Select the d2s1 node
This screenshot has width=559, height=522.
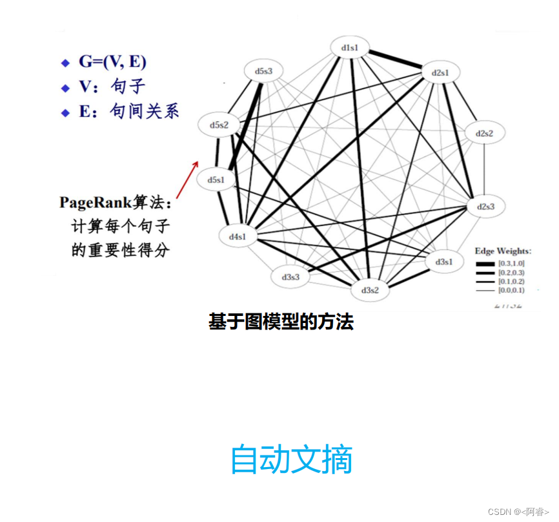(441, 73)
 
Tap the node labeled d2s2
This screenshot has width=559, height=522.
(485, 133)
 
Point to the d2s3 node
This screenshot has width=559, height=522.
(485, 207)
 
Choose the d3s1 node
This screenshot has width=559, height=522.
(443, 262)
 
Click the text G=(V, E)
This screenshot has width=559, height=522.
(113, 62)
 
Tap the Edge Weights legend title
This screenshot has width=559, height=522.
(503, 251)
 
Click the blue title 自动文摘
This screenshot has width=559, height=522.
(291, 459)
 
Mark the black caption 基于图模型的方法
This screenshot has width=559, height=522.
(281, 322)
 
